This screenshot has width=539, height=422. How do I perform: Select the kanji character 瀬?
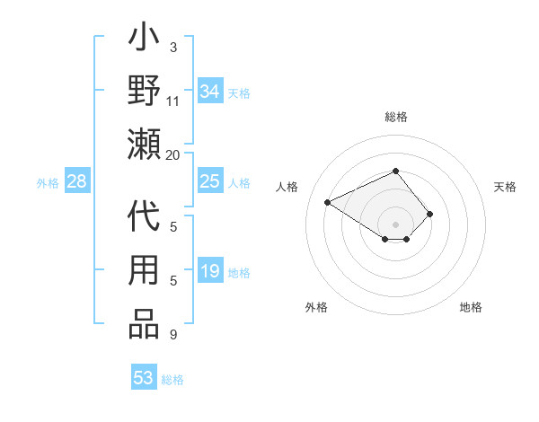coord(145,144)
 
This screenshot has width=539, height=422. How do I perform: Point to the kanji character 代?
coord(145,221)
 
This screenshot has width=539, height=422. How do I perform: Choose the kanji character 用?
coord(145,273)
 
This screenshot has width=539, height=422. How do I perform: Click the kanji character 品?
coord(145,324)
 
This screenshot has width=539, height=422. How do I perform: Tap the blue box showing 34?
coord(209,92)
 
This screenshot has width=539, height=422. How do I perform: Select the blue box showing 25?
coord(209,182)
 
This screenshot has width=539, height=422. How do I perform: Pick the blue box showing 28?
coord(77,182)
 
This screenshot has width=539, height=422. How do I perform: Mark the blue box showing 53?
coord(144,378)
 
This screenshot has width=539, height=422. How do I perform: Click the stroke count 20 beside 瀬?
coord(173,155)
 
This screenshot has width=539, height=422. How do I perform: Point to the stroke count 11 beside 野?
coord(173,101)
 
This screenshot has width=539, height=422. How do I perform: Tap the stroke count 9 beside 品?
coord(173,335)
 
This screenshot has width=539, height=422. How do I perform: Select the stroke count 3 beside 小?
coord(173,47)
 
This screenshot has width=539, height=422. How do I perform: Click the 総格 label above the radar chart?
coord(396,117)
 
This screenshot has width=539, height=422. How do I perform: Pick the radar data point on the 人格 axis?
coord(328,201)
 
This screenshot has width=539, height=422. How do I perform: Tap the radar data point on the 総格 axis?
coord(396,171)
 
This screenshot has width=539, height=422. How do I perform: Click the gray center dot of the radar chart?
coord(396,224)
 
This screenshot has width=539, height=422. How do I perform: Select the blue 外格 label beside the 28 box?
coord(48,183)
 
